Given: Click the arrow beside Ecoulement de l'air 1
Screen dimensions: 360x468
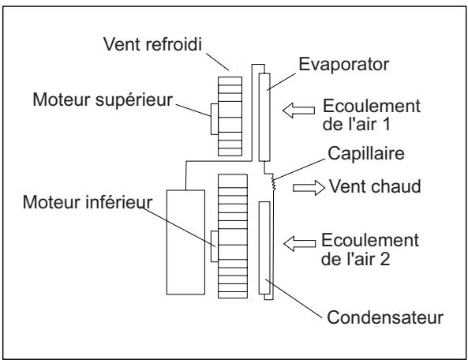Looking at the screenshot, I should click(301, 111).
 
